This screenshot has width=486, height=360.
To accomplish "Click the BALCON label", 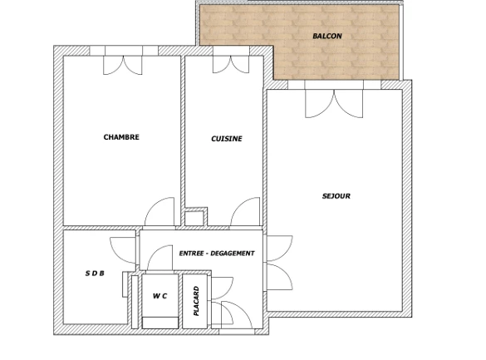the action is click(327, 36).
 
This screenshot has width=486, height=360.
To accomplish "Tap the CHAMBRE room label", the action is click(121, 137).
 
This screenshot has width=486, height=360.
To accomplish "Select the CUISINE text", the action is click(227, 139).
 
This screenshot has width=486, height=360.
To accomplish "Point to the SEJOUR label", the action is click(336, 196).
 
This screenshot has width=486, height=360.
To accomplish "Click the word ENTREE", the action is click(190, 254).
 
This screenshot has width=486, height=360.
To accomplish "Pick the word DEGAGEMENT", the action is click(233, 254).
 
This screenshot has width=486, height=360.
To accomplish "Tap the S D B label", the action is click(95, 274).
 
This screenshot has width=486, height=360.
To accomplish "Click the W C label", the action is click(160, 296).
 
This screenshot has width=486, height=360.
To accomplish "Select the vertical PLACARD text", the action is click(196, 301).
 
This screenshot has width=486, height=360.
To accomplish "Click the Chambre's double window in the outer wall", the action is click(123, 61).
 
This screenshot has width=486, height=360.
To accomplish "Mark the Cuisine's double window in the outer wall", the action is click(231, 60).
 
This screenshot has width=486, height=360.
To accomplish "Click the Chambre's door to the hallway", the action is click(160, 212).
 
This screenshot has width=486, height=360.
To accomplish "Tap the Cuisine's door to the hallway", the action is click(245, 212).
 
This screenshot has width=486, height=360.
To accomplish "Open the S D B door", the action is click(123, 250).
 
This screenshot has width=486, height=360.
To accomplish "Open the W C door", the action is click(160, 258).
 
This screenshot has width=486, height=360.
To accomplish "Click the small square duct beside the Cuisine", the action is click(194, 219).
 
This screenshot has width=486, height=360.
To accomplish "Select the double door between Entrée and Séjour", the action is click(279, 263).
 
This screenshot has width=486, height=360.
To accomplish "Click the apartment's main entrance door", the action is click(237, 315).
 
